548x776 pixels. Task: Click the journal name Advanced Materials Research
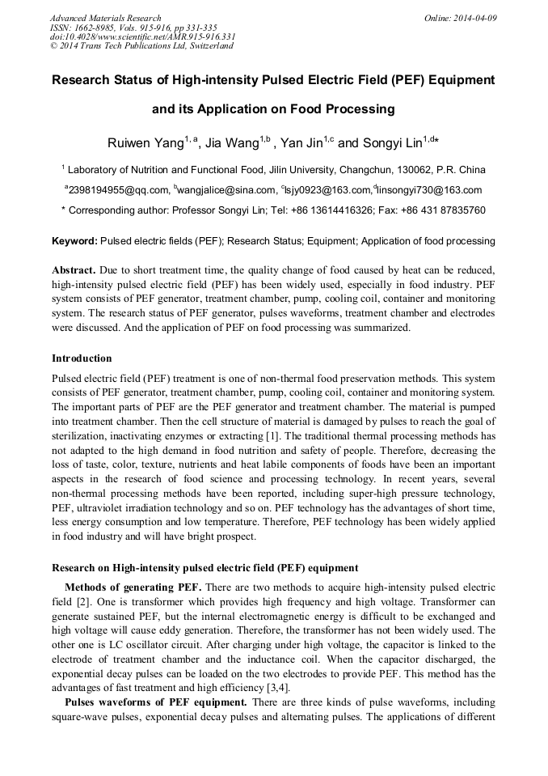point(105,18)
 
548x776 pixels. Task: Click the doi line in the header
point(142,36)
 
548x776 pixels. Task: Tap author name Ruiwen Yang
point(145,143)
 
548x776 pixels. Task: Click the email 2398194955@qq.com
point(120,190)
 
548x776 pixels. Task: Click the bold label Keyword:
point(74,241)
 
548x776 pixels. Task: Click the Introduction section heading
point(82,358)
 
